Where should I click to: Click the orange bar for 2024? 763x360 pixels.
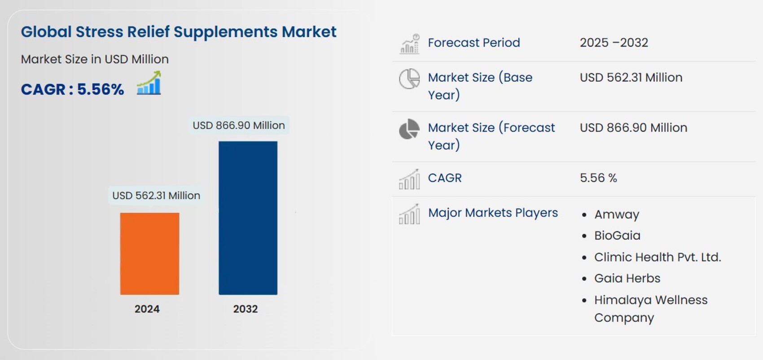click(149, 254)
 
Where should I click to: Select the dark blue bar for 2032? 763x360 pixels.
click(248, 218)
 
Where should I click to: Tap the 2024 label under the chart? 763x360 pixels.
click(147, 309)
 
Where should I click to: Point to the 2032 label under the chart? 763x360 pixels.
click(245, 309)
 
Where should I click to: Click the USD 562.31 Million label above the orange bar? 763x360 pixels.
click(156, 196)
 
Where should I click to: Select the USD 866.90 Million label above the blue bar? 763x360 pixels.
click(239, 125)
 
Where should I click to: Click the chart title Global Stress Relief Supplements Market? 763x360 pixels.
click(179, 32)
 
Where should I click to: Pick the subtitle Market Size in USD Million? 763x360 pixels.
click(95, 59)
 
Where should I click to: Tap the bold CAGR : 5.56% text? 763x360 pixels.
click(72, 89)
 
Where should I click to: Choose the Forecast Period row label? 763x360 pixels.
click(474, 43)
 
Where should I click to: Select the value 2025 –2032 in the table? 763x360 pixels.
click(614, 43)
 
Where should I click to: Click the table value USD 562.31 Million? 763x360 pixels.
click(631, 78)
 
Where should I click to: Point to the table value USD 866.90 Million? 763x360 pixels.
click(633, 128)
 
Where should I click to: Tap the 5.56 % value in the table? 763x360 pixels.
click(598, 178)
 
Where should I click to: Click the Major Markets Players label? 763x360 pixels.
click(493, 213)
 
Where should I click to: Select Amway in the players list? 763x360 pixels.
click(617, 215)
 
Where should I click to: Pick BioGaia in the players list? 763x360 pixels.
click(617, 236)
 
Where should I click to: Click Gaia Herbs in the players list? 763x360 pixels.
click(627, 278)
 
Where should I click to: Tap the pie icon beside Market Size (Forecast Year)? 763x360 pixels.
click(409, 129)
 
